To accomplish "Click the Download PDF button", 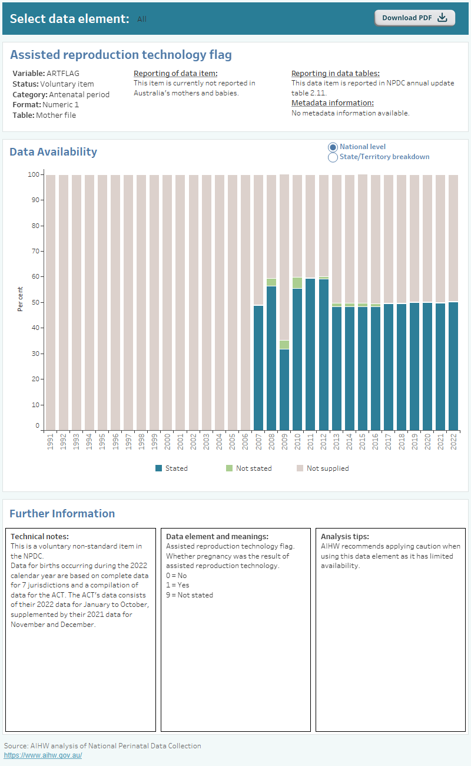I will pyautogui.click(x=414, y=18).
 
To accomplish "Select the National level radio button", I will pyautogui.click(x=333, y=147).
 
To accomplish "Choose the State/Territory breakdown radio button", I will pyautogui.click(x=333, y=157).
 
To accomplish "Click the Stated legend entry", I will pyautogui.click(x=171, y=468).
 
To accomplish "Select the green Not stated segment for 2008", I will pyautogui.click(x=271, y=282).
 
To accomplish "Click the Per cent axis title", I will pyautogui.click(x=21, y=299).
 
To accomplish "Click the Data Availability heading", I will pyautogui.click(x=53, y=152).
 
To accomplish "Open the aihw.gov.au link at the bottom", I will pyautogui.click(x=43, y=755).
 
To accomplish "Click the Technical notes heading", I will pyautogui.click(x=39, y=537).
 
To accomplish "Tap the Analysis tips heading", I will pyautogui.click(x=344, y=537).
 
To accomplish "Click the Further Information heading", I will pyautogui.click(x=62, y=514).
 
